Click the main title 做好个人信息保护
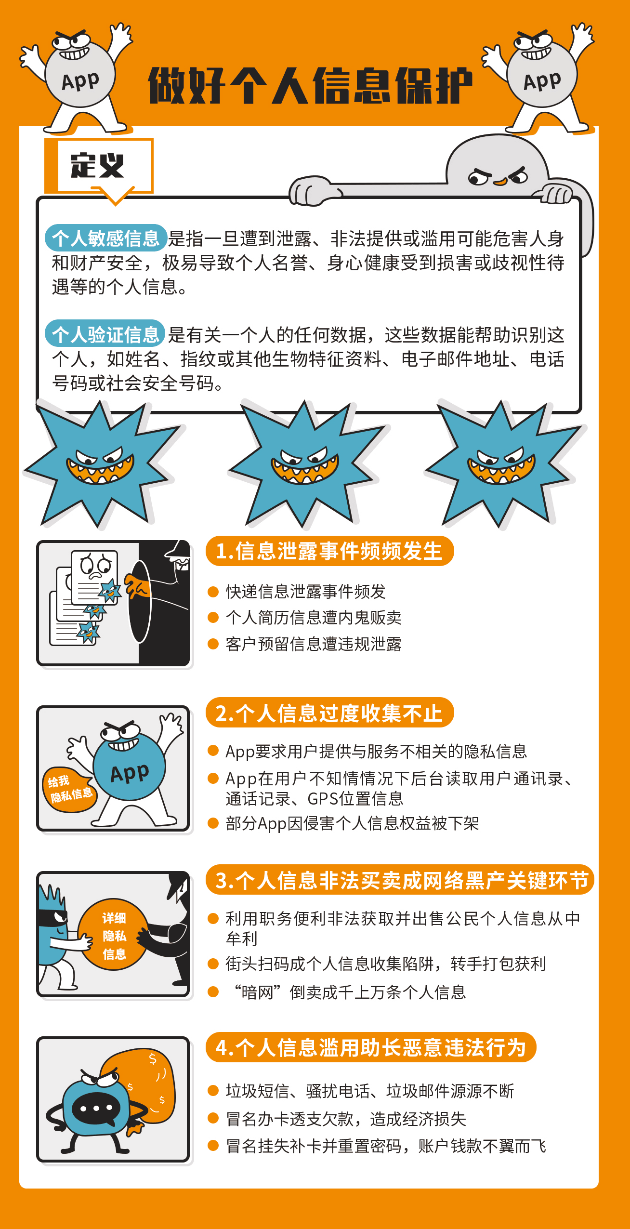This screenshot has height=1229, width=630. click(x=310, y=86)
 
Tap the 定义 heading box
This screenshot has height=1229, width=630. click(x=99, y=166)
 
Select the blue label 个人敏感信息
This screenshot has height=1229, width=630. click(x=106, y=238)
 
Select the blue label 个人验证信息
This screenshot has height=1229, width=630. click(x=105, y=333)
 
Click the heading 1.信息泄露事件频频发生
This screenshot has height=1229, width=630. click(x=329, y=551)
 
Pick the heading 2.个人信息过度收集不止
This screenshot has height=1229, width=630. click(x=329, y=713)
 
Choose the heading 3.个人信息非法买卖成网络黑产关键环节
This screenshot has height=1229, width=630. click(x=400, y=880)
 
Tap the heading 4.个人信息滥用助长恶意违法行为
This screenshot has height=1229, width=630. click(x=371, y=1047)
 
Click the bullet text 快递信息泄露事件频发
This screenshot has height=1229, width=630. click(x=306, y=592)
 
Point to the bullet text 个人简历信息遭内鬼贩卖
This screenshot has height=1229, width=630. click(x=314, y=618)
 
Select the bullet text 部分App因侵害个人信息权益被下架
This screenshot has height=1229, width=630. click(x=352, y=823)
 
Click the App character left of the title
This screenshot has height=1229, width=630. click(x=77, y=77)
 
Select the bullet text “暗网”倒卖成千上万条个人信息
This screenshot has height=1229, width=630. click(x=349, y=992)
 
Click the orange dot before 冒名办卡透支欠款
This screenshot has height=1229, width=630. click(x=213, y=1119)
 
